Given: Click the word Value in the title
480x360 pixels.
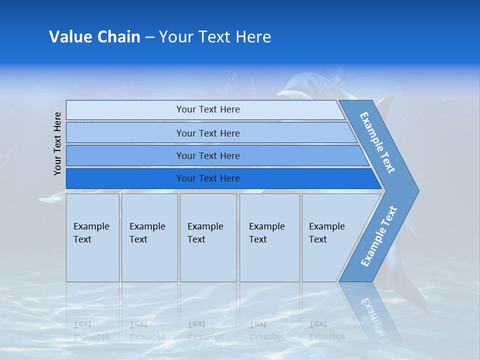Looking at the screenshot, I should tap(70, 37).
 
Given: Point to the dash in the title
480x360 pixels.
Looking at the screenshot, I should tap(149, 37).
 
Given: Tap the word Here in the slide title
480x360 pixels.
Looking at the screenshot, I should tap(253, 37).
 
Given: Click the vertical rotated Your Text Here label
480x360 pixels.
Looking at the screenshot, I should tap(57, 143).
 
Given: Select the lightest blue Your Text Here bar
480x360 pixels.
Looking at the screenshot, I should tap(208, 109).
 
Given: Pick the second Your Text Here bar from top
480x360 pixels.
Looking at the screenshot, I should tap(208, 133).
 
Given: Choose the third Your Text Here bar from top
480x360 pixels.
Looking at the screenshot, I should tap(208, 155).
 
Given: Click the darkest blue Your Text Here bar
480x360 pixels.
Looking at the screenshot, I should tap(208, 178).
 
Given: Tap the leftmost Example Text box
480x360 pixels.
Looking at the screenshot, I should tap(92, 237).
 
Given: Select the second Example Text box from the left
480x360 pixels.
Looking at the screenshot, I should tap(149, 237).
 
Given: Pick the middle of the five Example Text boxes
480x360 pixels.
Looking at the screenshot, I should tap(208, 237).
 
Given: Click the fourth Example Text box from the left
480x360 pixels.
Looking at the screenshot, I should tap(269, 237).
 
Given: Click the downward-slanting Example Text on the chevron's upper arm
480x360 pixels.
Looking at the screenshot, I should tap(377, 142).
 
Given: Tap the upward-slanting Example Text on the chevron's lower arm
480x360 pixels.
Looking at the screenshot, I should tap(379, 236).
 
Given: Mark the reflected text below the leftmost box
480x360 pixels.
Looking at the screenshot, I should tap(91, 330).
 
